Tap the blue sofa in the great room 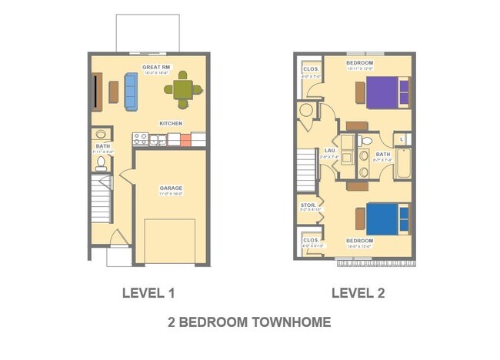click(x=130, y=92)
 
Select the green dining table click(x=182, y=90)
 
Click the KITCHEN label click(x=171, y=123)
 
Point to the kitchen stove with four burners click(x=140, y=139)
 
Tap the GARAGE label click(x=171, y=188)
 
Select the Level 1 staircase click(x=101, y=198)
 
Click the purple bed click(x=387, y=92)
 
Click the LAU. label click(x=330, y=151)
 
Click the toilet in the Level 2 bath click(x=365, y=142)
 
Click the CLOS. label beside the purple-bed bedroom click(x=310, y=68)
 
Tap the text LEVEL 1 click(x=149, y=292)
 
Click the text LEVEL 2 click(x=358, y=292)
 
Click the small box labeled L click(x=404, y=139)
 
